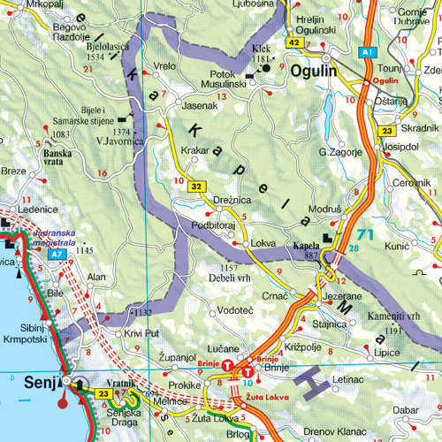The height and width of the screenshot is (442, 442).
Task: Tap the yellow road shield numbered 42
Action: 293,42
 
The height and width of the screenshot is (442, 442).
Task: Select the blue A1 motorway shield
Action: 366,53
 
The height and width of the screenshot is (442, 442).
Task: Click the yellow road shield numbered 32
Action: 195,187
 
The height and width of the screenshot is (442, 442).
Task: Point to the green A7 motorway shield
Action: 57,254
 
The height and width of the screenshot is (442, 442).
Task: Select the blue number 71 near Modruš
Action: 365,235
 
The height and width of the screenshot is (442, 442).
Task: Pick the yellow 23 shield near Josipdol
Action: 386,131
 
